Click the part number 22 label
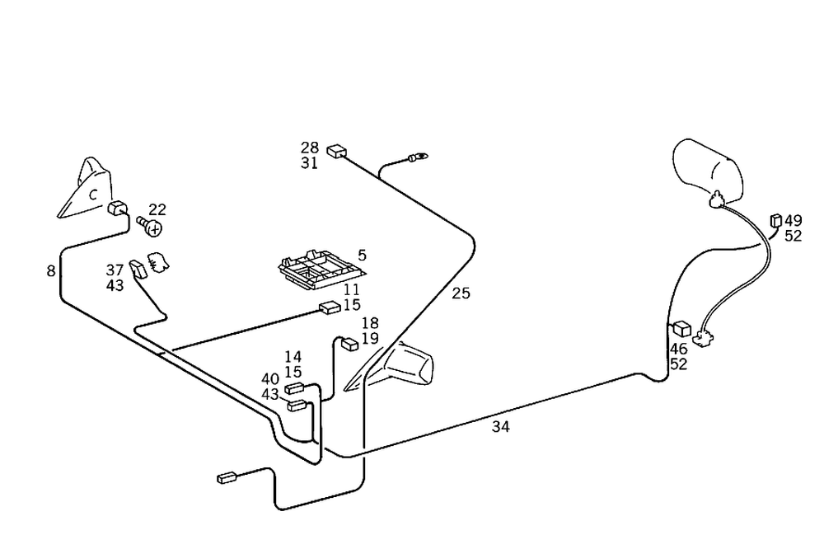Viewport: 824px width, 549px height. (x=157, y=210)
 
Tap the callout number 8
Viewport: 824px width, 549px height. (x=51, y=270)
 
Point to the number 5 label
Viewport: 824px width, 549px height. (x=362, y=256)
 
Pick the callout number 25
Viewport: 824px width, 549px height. (x=461, y=293)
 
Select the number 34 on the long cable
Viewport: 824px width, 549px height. (x=500, y=426)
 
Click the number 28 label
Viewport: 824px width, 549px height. (x=309, y=148)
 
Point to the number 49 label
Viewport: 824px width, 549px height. (x=793, y=221)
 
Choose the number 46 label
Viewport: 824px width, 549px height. (x=678, y=349)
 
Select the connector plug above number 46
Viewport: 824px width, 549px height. (x=681, y=329)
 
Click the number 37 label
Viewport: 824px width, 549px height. (x=115, y=270)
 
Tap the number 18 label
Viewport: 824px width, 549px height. (x=370, y=323)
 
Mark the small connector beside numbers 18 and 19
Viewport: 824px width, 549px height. (x=349, y=343)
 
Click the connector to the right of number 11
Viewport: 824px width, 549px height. (x=329, y=308)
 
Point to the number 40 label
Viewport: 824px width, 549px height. (x=270, y=379)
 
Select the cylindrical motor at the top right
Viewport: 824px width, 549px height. (x=707, y=169)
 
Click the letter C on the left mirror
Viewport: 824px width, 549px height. (x=93, y=195)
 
